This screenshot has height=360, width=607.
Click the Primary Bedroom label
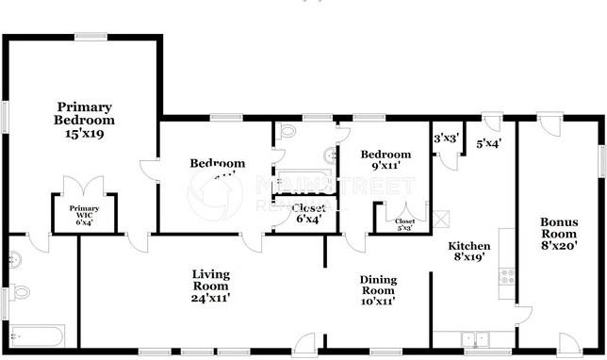tap(84, 120)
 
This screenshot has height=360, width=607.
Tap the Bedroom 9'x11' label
tap(386, 160)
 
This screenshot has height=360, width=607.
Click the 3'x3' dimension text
tap(445, 139)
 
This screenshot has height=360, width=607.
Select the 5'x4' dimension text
tap(488, 144)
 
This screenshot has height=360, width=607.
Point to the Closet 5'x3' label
tap(404, 223)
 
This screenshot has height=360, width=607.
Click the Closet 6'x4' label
tap(307, 213)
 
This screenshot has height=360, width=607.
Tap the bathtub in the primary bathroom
tap(37, 335)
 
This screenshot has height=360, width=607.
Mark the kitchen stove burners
tap(506, 276)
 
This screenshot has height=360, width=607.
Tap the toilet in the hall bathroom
tap(287, 131)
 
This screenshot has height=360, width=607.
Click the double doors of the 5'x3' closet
tap(405, 210)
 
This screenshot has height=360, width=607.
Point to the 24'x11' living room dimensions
tap(210, 298)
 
